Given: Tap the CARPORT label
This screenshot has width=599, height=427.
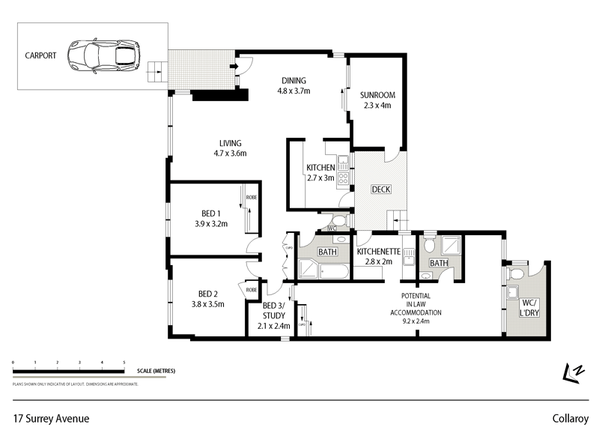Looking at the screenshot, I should point(40,55).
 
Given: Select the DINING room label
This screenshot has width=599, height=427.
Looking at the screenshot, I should point(294,81).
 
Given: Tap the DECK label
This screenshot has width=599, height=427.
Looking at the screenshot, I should point(381,189).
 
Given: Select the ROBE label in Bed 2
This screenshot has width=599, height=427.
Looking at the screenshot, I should point(250,289).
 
